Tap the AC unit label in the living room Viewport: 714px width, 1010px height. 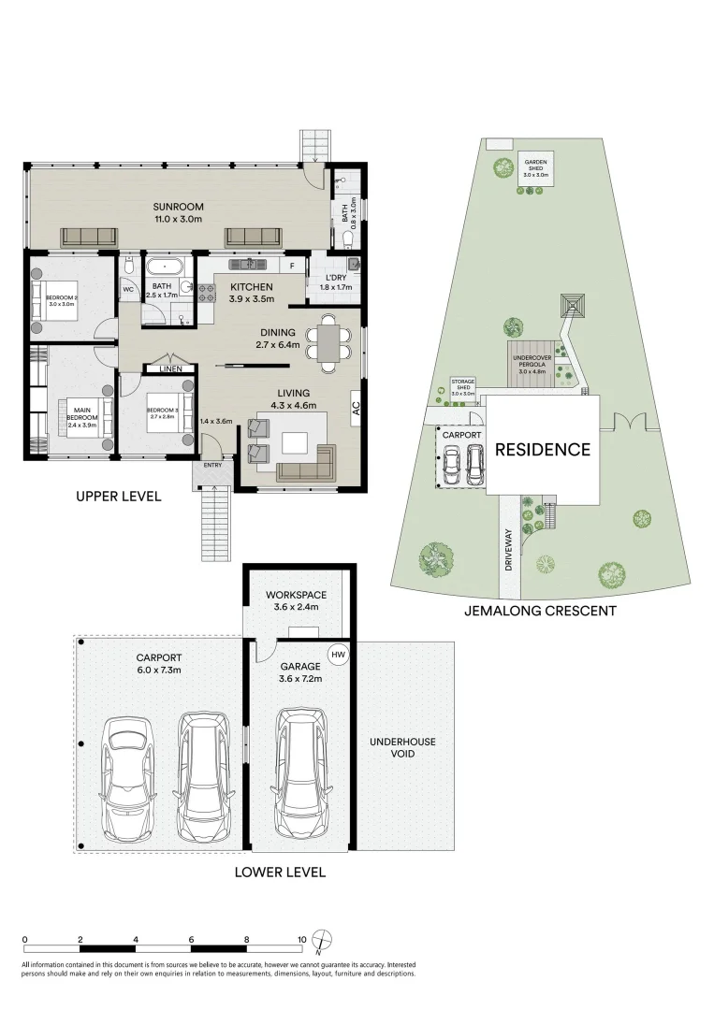pyautogui.click(x=356, y=408)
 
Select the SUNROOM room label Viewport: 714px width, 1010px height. pyautogui.click(x=179, y=208)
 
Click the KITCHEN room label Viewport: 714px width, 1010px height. pyautogui.click(x=251, y=287)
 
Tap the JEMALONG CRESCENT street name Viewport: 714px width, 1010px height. pyautogui.click(x=540, y=612)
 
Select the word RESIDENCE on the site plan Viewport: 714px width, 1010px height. pyautogui.click(x=543, y=450)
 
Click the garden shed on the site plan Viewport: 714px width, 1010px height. pyautogui.click(x=536, y=167)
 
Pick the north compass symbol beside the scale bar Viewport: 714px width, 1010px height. pyautogui.click(x=323, y=940)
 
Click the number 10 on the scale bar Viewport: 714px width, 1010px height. pyautogui.click(x=301, y=939)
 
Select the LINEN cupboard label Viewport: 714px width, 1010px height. pyautogui.click(x=170, y=369)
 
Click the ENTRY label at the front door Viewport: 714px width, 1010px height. pyautogui.click(x=212, y=465)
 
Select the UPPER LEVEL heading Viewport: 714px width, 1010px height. pyautogui.click(x=119, y=497)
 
